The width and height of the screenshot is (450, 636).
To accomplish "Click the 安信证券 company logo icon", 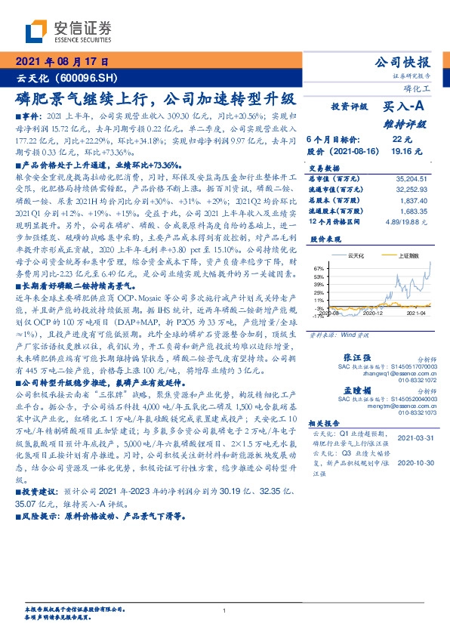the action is (x=35, y=31).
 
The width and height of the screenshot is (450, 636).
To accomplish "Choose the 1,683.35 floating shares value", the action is (x=415, y=212).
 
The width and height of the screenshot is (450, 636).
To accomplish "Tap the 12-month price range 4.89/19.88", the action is (x=405, y=223).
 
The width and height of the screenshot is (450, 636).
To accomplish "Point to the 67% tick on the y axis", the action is (x=319, y=268).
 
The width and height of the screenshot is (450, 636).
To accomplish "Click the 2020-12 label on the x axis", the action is (x=374, y=312).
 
